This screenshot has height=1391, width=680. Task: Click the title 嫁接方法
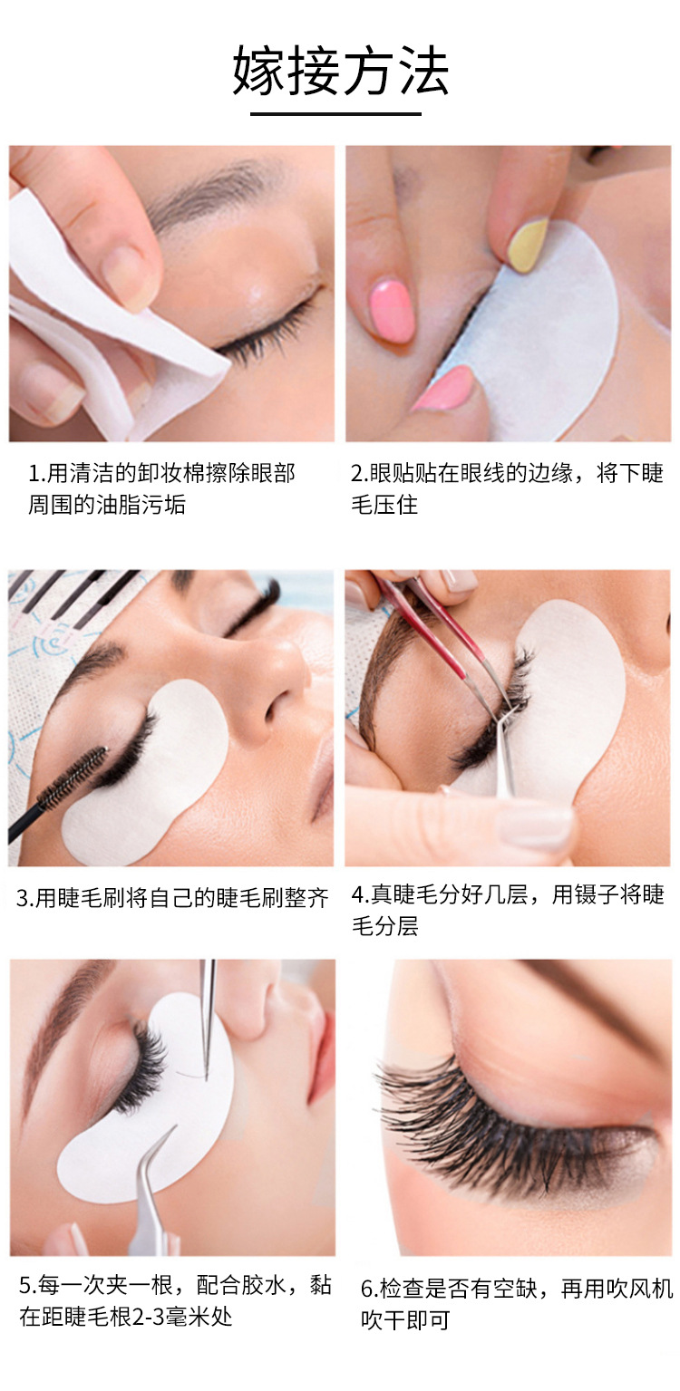coord(340,71)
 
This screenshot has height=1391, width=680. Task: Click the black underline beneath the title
coord(335,114)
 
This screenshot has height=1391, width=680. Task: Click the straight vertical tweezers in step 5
coord(208,1015)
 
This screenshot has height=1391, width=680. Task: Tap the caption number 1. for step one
coord(36,473)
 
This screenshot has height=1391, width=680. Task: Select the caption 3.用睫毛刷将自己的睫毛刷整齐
coord(172,899)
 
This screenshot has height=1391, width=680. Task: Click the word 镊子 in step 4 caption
coord(590,895)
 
